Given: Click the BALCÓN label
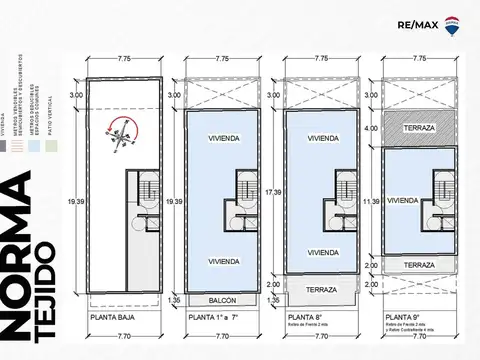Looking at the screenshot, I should pyautogui.click(x=224, y=299).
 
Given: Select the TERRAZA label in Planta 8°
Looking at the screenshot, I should pyautogui.click(x=322, y=290).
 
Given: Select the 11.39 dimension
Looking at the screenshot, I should pyautogui.click(x=371, y=201).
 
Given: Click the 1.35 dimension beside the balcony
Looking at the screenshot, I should pyautogui.click(x=175, y=299).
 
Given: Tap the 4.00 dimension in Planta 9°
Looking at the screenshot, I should pyautogui.click(x=371, y=128).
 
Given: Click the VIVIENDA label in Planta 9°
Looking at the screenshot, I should pyautogui.click(x=404, y=201).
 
